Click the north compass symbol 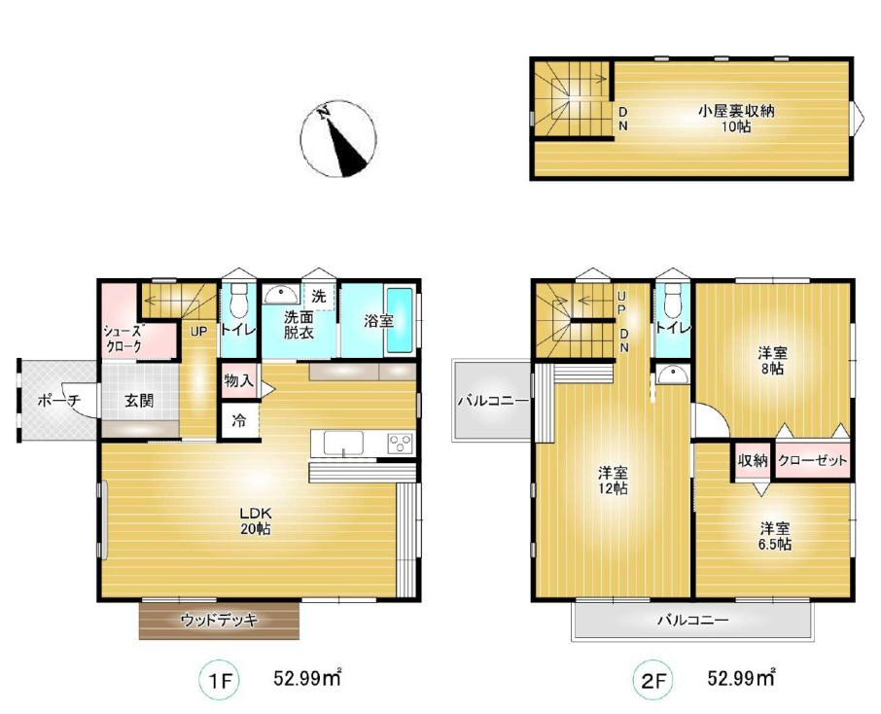(x=338, y=139)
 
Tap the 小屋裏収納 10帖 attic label (x=736, y=118)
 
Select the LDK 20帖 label (x=256, y=520)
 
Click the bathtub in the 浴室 (x=400, y=320)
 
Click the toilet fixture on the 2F (x=673, y=301)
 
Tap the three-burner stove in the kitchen (x=401, y=443)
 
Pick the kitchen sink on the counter (x=343, y=443)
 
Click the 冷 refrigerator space (x=239, y=420)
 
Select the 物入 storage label (x=239, y=381)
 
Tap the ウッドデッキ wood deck (x=219, y=620)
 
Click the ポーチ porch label (x=59, y=401)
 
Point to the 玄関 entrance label (x=139, y=401)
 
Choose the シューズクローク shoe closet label (x=123, y=339)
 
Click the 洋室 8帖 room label (x=772, y=360)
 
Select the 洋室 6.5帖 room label (x=776, y=536)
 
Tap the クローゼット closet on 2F (x=812, y=460)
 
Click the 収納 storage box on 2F (x=753, y=460)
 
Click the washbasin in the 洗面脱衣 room (x=282, y=294)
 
